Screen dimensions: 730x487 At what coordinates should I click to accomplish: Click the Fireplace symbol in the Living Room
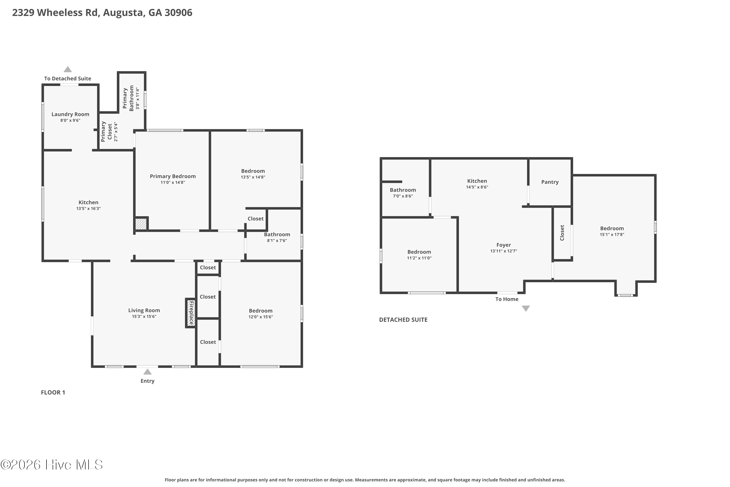tap(191, 313)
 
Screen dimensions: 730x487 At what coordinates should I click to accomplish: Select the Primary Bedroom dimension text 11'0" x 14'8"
tap(173, 182)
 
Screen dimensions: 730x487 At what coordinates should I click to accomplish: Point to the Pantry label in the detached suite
tap(550, 182)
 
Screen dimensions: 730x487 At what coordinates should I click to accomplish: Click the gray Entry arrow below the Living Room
tap(147, 372)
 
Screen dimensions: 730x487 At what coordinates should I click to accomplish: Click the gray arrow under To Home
tap(526, 309)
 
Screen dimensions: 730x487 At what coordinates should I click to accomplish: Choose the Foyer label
tap(503, 245)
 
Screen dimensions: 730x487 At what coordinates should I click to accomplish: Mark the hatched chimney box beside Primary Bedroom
tap(141, 224)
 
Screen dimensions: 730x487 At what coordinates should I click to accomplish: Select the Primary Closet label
tap(107, 132)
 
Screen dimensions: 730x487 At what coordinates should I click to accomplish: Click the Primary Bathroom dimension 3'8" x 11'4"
tap(137, 98)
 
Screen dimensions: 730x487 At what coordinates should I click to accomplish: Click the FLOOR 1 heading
tap(53, 393)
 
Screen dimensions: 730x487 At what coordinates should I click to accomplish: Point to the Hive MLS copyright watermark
tap(52, 465)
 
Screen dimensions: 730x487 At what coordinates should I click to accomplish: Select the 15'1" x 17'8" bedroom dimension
tap(612, 234)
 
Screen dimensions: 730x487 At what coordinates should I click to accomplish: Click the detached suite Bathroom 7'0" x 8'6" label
tap(403, 193)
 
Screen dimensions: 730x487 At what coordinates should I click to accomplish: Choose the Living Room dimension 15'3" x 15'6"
tap(144, 317)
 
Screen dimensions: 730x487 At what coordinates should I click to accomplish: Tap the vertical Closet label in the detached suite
tap(562, 233)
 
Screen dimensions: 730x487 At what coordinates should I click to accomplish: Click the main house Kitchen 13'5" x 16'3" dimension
tap(89, 208)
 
